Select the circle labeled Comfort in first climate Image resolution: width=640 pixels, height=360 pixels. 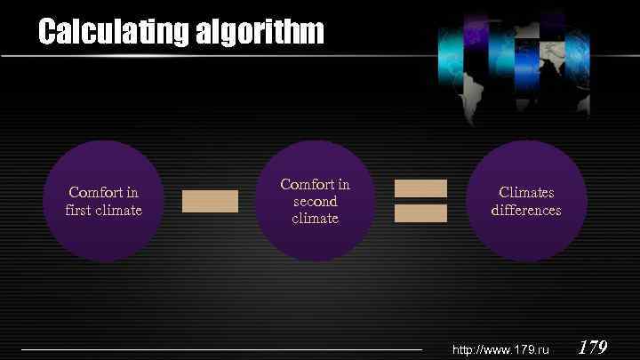pos(103,201)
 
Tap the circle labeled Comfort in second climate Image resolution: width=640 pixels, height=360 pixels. pos(316,201)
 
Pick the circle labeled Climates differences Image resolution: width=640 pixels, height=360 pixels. pos(526,201)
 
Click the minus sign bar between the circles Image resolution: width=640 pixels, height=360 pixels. pos(210,201)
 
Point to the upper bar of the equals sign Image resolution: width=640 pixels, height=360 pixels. pos(420,188)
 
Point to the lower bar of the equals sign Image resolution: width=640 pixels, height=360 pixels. pos(420,213)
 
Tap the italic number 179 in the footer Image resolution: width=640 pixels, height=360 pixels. pos(593,348)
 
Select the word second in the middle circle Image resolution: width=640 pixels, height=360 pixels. pos(316,201)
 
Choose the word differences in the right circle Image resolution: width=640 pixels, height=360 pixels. pos(526,210)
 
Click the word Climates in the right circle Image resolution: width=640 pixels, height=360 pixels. pos(526,192)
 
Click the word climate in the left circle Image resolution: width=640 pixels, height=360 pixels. pos(121,210)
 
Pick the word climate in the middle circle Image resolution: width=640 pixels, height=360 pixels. pos(316,218)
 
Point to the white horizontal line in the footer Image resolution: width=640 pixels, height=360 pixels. pos(222,349)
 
